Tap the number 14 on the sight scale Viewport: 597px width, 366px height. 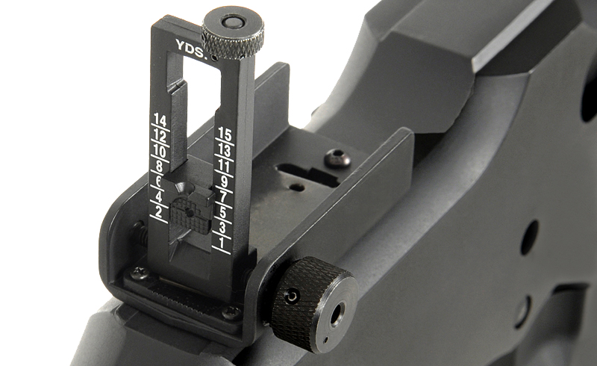click(160, 121)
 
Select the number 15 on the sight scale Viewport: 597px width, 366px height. click(225, 134)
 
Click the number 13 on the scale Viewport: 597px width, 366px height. click(225, 151)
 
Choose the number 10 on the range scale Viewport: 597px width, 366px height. click(160, 152)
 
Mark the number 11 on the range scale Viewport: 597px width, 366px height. click(225, 167)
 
